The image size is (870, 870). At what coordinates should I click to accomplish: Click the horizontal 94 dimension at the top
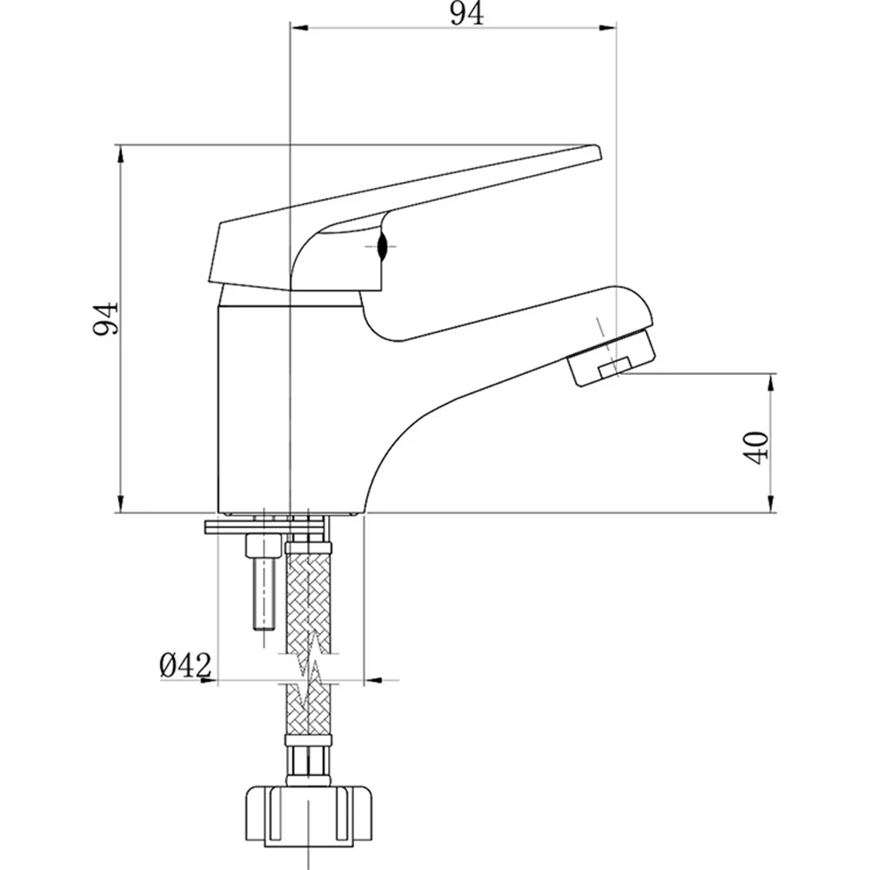pos(466,14)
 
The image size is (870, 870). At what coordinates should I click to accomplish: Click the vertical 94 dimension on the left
pos(105,318)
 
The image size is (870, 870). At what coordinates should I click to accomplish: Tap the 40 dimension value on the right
pos(756,447)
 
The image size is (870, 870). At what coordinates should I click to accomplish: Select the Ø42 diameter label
pos(186,665)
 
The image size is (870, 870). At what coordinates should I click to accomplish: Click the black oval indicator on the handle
pos(382,246)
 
